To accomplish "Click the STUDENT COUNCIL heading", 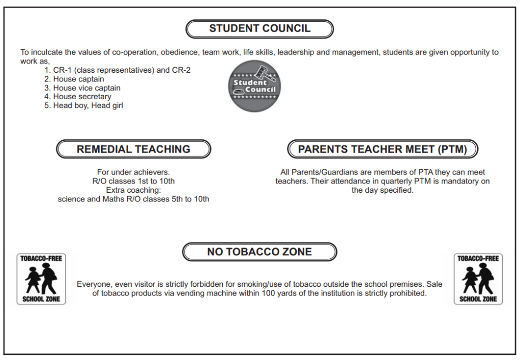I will coord(259,29).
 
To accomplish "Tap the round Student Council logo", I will coord(254,86).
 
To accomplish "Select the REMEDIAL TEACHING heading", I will coord(133,149).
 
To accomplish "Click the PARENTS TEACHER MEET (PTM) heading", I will coord(383,149).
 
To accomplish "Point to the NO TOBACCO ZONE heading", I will coord(259,252).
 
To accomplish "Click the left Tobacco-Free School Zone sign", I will coord(41,279).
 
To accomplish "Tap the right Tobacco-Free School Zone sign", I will coord(478,279).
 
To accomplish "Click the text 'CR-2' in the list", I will coord(182,70).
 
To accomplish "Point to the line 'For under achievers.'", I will coord(133,172).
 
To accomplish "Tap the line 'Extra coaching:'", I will coord(133,190).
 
